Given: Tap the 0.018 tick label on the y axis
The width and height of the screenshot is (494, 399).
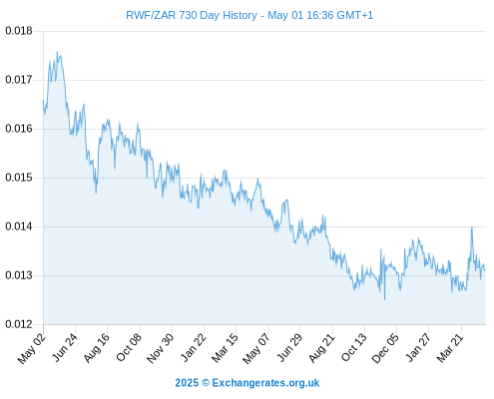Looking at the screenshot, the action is pyautogui.click(x=19, y=31).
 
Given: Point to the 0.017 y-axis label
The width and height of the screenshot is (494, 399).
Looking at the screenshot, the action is pyautogui.click(x=19, y=80).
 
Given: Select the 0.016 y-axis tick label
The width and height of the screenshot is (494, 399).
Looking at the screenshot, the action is pyautogui.click(x=19, y=129).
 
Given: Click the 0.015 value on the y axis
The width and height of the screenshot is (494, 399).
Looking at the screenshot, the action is pyautogui.click(x=19, y=178).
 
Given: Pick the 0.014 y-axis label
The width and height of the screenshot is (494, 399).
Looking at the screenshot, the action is pyautogui.click(x=19, y=226).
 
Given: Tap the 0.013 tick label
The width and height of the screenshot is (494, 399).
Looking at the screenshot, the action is pyautogui.click(x=19, y=275).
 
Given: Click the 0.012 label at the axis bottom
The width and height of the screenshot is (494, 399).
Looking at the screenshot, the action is pyautogui.click(x=19, y=324).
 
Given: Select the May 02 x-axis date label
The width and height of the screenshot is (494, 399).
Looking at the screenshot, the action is pyautogui.click(x=32, y=348).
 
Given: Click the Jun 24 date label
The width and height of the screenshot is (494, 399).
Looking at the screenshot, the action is pyautogui.click(x=65, y=347).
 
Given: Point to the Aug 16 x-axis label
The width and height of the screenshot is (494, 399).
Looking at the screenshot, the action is pyautogui.click(x=97, y=348).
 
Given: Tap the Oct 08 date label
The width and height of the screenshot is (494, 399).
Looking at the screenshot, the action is pyautogui.click(x=129, y=347).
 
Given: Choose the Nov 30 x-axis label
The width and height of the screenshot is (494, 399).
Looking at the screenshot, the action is pyautogui.click(x=160, y=348).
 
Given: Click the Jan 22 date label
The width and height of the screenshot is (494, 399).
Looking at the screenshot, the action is pyautogui.click(x=193, y=347).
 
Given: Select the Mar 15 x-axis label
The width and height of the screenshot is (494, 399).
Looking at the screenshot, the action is pyautogui.click(x=225, y=348).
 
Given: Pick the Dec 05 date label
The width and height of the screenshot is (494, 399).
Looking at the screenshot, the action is pyautogui.click(x=385, y=348).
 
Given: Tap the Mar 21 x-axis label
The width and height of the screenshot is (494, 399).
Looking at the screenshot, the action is pyautogui.click(x=450, y=348).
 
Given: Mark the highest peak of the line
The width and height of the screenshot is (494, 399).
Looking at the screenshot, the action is pyautogui.click(x=57, y=52).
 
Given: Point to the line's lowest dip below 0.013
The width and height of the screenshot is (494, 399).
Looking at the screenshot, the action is pyautogui.click(x=385, y=299).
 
